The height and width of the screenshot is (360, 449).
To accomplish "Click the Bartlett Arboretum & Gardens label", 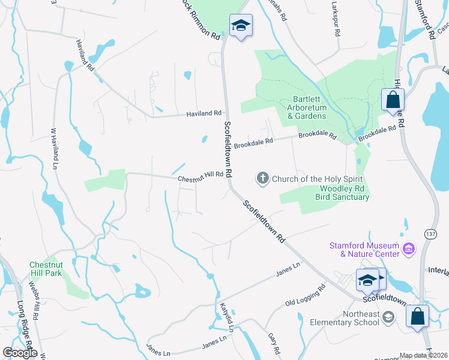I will [306, 107].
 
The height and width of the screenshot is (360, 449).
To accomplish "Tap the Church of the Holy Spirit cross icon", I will [262, 178].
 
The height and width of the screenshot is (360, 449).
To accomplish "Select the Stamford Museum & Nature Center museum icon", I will [408, 248].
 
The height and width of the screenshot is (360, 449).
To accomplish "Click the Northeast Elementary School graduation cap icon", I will [388, 316].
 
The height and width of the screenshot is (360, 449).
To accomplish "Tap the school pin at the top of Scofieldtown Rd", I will [241, 25].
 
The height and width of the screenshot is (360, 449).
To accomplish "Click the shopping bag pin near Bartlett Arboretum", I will [393, 100].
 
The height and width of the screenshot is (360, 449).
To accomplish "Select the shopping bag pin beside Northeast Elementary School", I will [417, 316].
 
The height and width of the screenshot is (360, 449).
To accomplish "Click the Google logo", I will [19, 353].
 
